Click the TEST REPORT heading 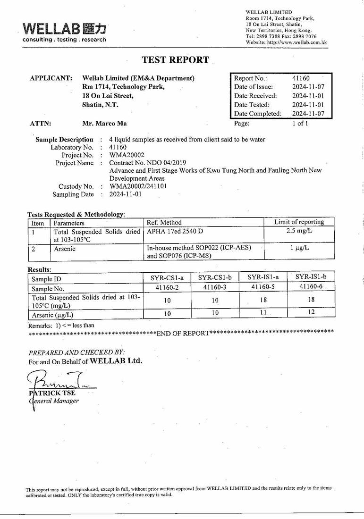pos(175,60)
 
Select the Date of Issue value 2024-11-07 pos(308,87)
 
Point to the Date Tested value pos(308,105)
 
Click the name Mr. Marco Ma pos(104,124)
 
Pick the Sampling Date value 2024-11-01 pos(125,194)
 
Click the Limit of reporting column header pos(299,222)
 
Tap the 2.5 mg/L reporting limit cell pos(299,231)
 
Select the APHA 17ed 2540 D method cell pos(175,231)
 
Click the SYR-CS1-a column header pos(167,278)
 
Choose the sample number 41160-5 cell pos(263,287)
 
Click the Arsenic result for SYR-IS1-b pos(311,312)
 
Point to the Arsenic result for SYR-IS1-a pos(263,312)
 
